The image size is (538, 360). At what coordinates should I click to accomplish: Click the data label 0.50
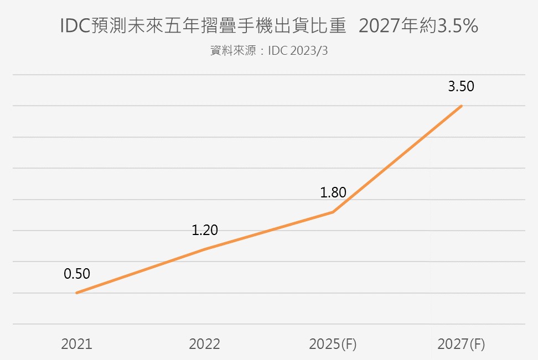[x=77, y=274]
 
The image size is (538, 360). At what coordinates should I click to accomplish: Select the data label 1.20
[x=205, y=230]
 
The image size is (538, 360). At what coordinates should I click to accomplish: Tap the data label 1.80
[x=333, y=193]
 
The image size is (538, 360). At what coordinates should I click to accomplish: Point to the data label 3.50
[x=461, y=86]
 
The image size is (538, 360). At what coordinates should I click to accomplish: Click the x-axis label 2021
[x=76, y=344]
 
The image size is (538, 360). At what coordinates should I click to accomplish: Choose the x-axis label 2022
[x=204, y=344]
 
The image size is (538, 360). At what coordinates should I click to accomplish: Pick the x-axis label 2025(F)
[x=333, y=344]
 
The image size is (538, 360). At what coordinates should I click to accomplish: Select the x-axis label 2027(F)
[x=461, y=344]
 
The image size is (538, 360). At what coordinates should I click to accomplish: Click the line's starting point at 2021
[x=76, y=293]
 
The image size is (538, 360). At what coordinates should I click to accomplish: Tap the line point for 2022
[x=205, y=249]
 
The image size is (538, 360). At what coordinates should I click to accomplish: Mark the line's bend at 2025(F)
[x=333, y=212]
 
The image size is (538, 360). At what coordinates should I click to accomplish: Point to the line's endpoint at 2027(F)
[x=461, y=106]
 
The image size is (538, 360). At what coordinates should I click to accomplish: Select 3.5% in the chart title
[x=457, y=27]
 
